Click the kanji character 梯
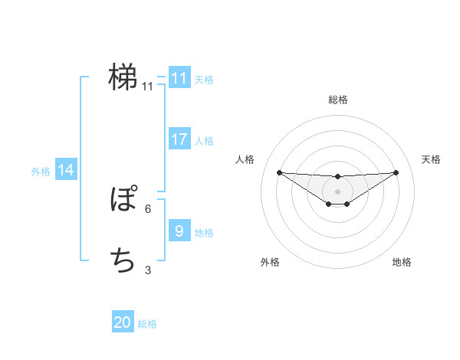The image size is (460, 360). click(123, 76)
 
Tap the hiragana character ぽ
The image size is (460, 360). click(123, 201)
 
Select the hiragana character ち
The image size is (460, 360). click(123, 261)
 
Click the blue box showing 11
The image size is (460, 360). click(179, 78)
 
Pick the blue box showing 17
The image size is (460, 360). click(179, 139)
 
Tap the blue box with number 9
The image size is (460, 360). click(179, 231)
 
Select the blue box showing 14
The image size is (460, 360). click(66, 171)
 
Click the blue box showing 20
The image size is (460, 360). click(123, 322)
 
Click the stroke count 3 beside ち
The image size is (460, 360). click(147, 270)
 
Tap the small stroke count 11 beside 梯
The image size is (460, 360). click(147, 86)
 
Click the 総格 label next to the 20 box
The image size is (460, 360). click(147, 324)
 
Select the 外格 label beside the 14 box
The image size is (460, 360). click(41, 172)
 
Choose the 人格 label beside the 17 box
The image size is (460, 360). click(204, 141)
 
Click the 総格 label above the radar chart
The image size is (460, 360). click(338, 100)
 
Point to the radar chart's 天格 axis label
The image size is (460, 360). click(432, 159)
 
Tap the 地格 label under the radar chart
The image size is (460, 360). click(402, 262)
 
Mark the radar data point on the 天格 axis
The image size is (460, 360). click(396, 172)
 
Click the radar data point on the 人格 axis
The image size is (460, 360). click(279, 172)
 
